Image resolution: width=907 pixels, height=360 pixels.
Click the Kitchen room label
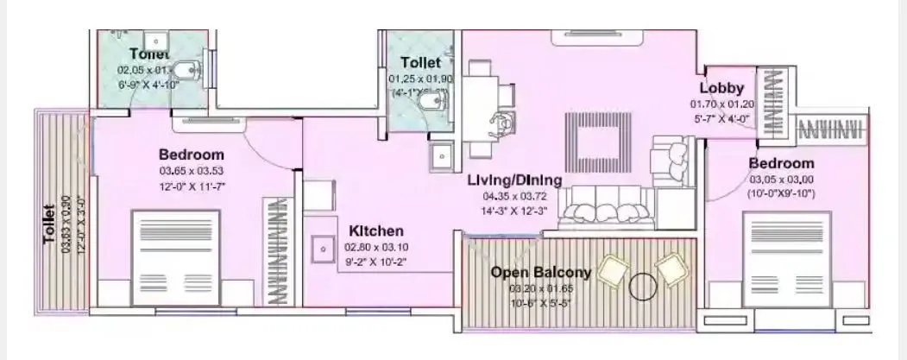(x=375, y=231)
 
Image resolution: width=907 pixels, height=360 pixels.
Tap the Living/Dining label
(x=514, y=180)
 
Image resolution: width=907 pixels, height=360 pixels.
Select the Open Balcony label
(x=540, y=273)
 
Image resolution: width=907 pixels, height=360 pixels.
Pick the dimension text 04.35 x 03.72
(x=514, y=195)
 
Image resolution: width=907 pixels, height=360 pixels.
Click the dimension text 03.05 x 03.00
(x=781, y=179)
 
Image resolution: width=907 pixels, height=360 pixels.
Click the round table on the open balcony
(x=643, y=286)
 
